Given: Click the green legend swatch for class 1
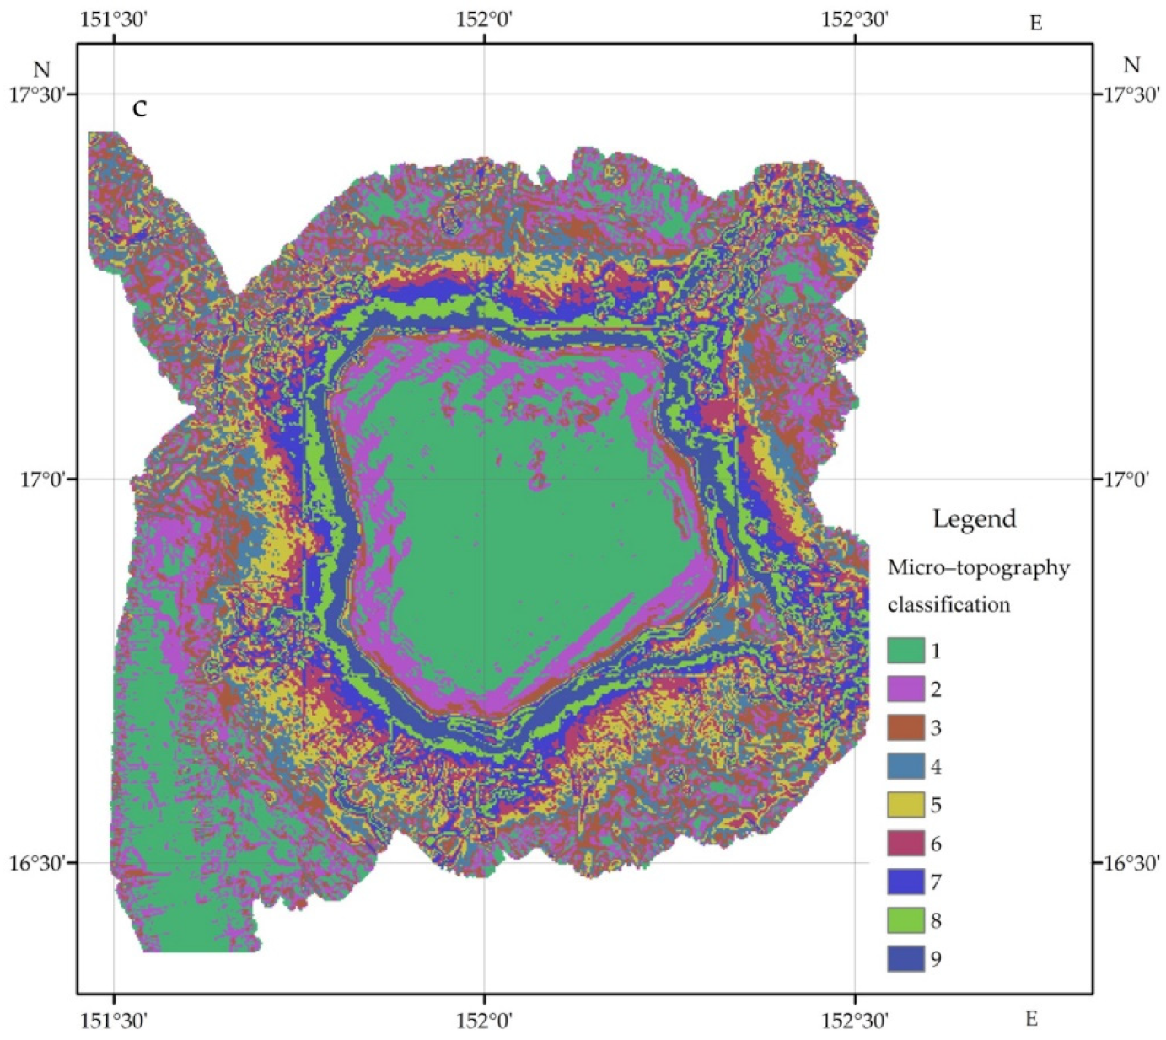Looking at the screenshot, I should [x=905, y=651].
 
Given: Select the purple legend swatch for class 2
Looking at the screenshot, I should [x=905, y=689].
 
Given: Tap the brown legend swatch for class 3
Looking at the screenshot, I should [x=905, y=727].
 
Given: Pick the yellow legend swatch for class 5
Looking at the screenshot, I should [x=905, y=805].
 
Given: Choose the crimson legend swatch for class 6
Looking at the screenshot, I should [x=905, y=843].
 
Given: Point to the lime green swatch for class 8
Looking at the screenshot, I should [x=905, y=920].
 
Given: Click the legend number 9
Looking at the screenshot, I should [x=936, y=959].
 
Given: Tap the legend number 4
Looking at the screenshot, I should [x=936, y=767].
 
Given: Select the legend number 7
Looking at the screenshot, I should [x=936, y=882].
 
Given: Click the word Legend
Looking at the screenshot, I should [x=974, y=518].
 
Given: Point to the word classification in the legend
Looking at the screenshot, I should [x=948, y=605].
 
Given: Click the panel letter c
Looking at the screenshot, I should [x=140, y=108].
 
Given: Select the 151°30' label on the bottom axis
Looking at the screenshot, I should [x=114, y=1020].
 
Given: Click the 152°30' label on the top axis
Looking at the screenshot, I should [x=855, y=19].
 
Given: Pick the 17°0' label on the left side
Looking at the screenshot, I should [x=42, y=480].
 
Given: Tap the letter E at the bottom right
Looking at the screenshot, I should [x=1031, y=1019].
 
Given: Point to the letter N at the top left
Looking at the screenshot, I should [x=41, y=69].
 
